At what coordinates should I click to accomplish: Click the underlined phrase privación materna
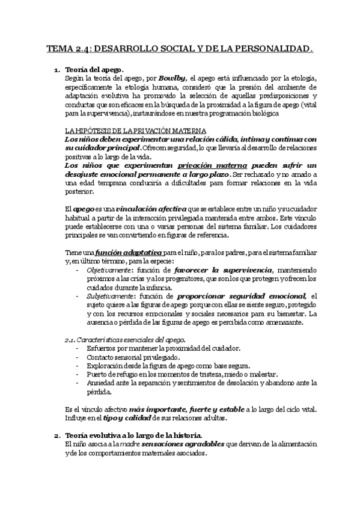click(207, 164)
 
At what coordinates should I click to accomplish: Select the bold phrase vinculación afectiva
click(136, 208)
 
